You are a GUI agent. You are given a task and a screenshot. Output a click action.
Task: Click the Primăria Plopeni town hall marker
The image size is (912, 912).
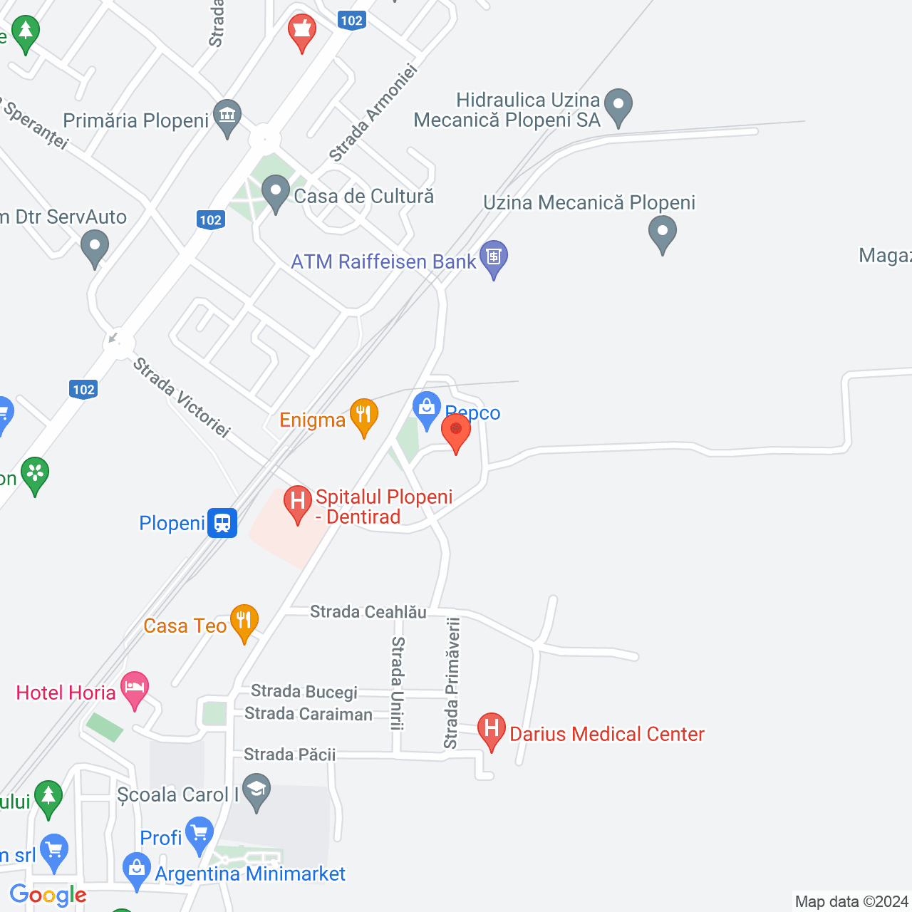(x=227, y=115)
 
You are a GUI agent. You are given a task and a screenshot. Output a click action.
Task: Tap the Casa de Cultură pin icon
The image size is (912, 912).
(x=275, y=192)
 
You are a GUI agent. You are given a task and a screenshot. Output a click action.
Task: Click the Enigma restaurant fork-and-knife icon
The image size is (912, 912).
(x=364, y=415)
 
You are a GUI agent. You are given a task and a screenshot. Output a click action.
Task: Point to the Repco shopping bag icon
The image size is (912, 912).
(x=427, y=409)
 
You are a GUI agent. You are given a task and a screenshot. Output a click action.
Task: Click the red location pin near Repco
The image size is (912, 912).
(x=456, y=430)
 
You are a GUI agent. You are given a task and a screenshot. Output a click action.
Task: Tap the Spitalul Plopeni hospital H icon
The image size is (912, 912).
(x=298, y=502)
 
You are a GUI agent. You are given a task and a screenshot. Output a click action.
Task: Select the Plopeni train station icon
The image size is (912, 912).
(x=222, y=523)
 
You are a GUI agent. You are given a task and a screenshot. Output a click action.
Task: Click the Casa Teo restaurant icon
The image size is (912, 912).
(x=244, y=621)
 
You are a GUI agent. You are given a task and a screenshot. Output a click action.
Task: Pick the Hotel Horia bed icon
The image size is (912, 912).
(x=135, y=688)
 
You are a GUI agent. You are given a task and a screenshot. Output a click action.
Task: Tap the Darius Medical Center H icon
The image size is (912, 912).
(x=492, y=729)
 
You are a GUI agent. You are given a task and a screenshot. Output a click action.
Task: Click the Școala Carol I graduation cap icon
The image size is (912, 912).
(x=256, y=789)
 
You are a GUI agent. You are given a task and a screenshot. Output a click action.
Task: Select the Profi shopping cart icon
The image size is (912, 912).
(x=199, y=833)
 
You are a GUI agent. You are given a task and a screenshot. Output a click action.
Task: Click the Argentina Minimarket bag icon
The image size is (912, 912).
(x=136, y=869)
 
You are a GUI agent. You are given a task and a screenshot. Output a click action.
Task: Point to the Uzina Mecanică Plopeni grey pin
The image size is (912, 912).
(x=663, y=232)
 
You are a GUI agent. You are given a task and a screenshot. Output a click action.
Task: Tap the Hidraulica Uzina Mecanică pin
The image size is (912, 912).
(x=618, y=105)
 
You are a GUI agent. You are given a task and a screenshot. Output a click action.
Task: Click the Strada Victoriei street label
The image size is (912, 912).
(x=182, y=398)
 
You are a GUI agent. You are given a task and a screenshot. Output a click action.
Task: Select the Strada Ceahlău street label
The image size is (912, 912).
(x=368, y=612)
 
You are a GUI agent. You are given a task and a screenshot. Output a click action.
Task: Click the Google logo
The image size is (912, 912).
(x=48, y=895)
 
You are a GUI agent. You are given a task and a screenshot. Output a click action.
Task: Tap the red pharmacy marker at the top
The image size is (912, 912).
(x=302, y=31)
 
